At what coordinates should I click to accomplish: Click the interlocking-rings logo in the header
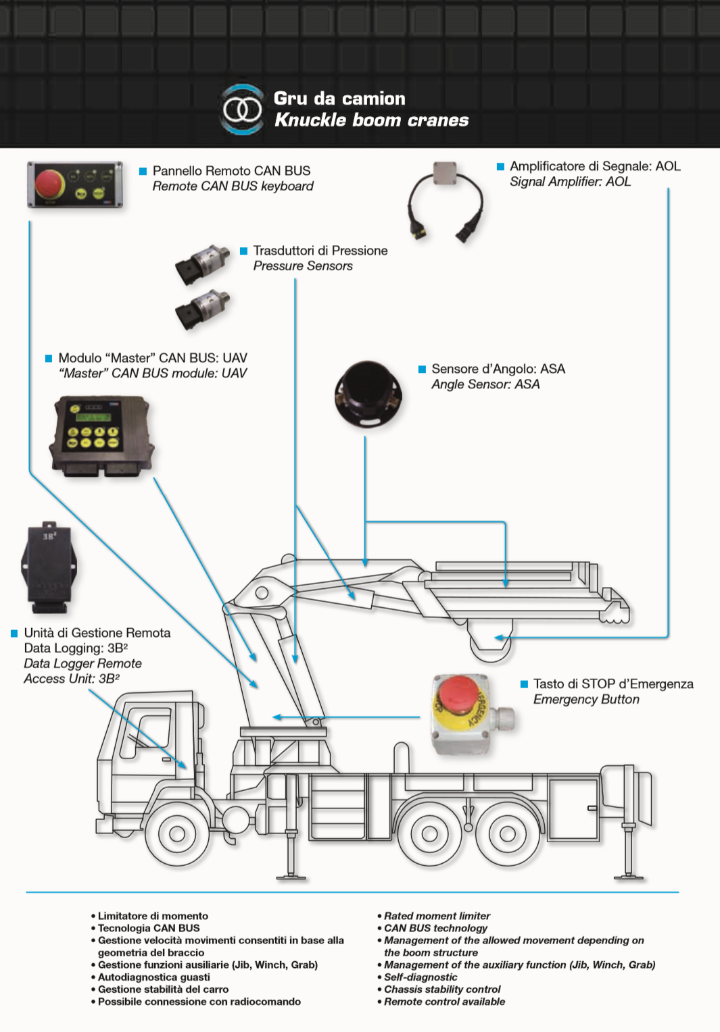pos(242,109)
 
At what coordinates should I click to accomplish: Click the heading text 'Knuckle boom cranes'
pos(371,120)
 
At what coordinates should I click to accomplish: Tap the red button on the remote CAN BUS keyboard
pos(50,184)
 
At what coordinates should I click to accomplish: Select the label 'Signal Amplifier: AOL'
pos(570,182)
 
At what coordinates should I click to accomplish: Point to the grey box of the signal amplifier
pos(444,172)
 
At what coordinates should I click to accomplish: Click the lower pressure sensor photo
pos(203,309)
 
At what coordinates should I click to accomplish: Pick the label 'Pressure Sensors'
pos(303,266)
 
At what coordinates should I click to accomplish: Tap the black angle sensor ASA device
pos(368,392)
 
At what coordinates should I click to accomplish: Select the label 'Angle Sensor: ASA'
pos(485,384)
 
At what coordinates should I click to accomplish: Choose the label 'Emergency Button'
pos(586,700)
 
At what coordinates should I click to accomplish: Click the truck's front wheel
pos(177,833)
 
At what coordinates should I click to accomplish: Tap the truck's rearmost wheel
pos(508,833)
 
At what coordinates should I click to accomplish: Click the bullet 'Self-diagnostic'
pos(421,977)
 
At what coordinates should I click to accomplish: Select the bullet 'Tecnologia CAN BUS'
pos(149,929)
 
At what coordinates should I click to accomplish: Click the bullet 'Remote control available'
pos(444,1002)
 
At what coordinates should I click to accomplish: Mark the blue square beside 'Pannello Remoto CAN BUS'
pos(143,172)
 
